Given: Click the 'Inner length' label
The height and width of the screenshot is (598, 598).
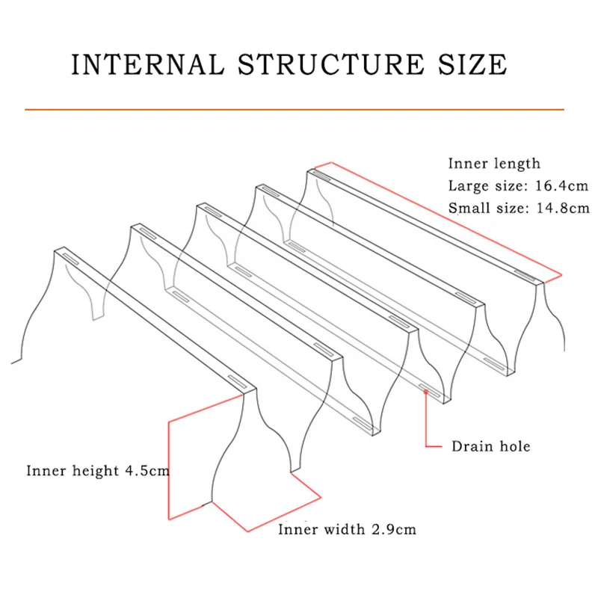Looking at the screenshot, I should [494, 164].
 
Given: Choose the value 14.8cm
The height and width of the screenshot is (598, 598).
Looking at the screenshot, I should [559, 209].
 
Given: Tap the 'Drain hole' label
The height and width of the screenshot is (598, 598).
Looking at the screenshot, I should [490, 446].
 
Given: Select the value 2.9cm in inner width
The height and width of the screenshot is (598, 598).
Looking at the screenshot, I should [392, 530].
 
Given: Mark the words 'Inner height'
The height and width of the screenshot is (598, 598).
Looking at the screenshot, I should [73, 471].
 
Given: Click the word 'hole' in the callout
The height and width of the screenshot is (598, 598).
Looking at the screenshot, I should [514, 446].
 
